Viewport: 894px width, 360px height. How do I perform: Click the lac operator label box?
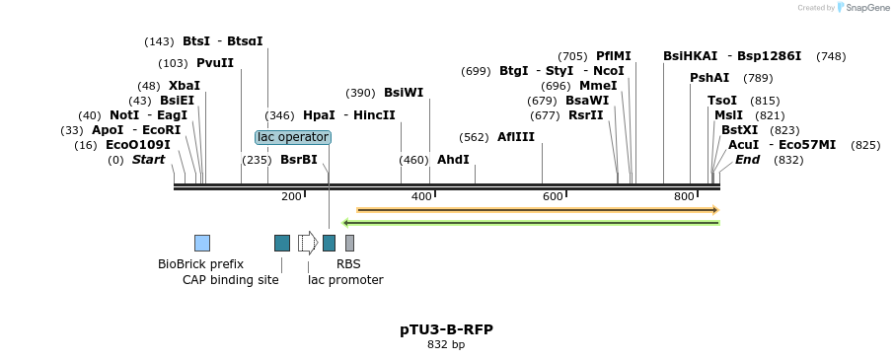[x=293, y=137]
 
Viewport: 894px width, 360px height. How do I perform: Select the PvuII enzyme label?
[x=215, y=63]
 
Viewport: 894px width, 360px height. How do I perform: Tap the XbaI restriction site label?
[x=185, y=86]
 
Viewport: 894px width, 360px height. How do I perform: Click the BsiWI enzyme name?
[x=404, y=93]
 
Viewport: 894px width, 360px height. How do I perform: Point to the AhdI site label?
[x=453, y=160]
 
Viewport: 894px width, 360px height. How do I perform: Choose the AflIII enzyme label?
[x=516, y=137]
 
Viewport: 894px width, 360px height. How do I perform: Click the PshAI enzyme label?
[x=708, y=78]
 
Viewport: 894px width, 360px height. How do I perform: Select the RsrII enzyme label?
[x=585, y=115]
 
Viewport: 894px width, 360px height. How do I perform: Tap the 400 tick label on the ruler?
[x=421, y=197]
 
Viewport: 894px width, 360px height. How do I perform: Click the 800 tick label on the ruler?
[x=684, y=197]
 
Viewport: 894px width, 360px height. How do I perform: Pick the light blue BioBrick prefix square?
[x=202, y=244]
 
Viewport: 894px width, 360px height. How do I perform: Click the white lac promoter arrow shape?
[x=308, y=243]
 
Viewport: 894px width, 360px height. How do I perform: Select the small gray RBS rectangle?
[x=349, y=244]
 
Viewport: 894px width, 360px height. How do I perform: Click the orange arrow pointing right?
[x=538, y=210]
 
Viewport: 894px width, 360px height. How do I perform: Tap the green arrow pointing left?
[x=530, y=223]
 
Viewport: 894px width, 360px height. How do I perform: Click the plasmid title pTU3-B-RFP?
[x=446, y=329]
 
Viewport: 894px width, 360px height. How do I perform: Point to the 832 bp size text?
[x=446, y=344]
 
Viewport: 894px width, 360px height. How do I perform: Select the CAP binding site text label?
[x=230, y=280]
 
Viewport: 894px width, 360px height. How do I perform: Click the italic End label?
[x=747, y=160]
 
